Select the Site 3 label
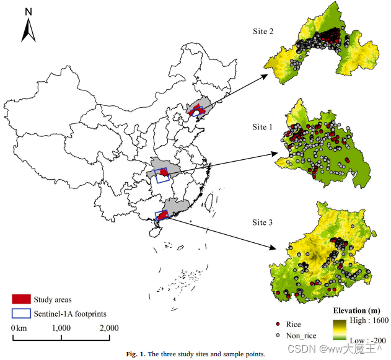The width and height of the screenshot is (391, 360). pos(266,222)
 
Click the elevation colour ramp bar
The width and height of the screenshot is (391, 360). pos(342,330)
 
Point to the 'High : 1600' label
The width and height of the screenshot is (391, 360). pos(369,322)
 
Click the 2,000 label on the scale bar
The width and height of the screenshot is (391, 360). pos(109,328)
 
